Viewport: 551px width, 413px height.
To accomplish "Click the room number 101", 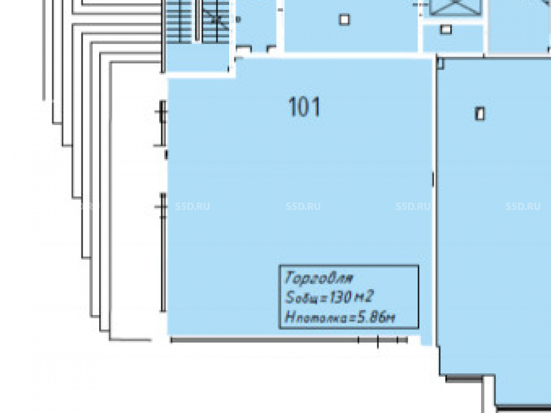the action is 304,107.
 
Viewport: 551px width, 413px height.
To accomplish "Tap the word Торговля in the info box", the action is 318,278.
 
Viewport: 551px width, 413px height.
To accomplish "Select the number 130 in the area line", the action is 341,297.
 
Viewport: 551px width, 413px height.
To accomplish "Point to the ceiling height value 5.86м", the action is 376,318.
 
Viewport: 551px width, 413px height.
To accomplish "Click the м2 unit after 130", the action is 363,297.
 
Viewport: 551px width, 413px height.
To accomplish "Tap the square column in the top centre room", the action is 344,19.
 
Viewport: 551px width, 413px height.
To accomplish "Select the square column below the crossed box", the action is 446,30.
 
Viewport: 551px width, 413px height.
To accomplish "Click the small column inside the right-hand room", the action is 480,114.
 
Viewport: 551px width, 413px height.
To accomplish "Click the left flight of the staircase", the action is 179,22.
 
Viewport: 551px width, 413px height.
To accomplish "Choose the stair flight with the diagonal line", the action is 215,22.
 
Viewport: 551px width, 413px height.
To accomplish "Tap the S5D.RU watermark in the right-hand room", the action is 523,206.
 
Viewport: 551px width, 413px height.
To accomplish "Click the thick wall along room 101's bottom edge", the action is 289,340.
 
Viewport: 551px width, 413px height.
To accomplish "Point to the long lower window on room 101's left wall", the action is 163,252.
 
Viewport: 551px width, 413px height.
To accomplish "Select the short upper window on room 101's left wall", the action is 163,123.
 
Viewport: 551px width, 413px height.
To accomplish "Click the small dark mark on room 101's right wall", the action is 433,179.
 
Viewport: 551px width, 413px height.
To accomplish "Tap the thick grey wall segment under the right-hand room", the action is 464,379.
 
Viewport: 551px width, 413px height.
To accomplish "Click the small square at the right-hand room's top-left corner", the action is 440,63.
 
